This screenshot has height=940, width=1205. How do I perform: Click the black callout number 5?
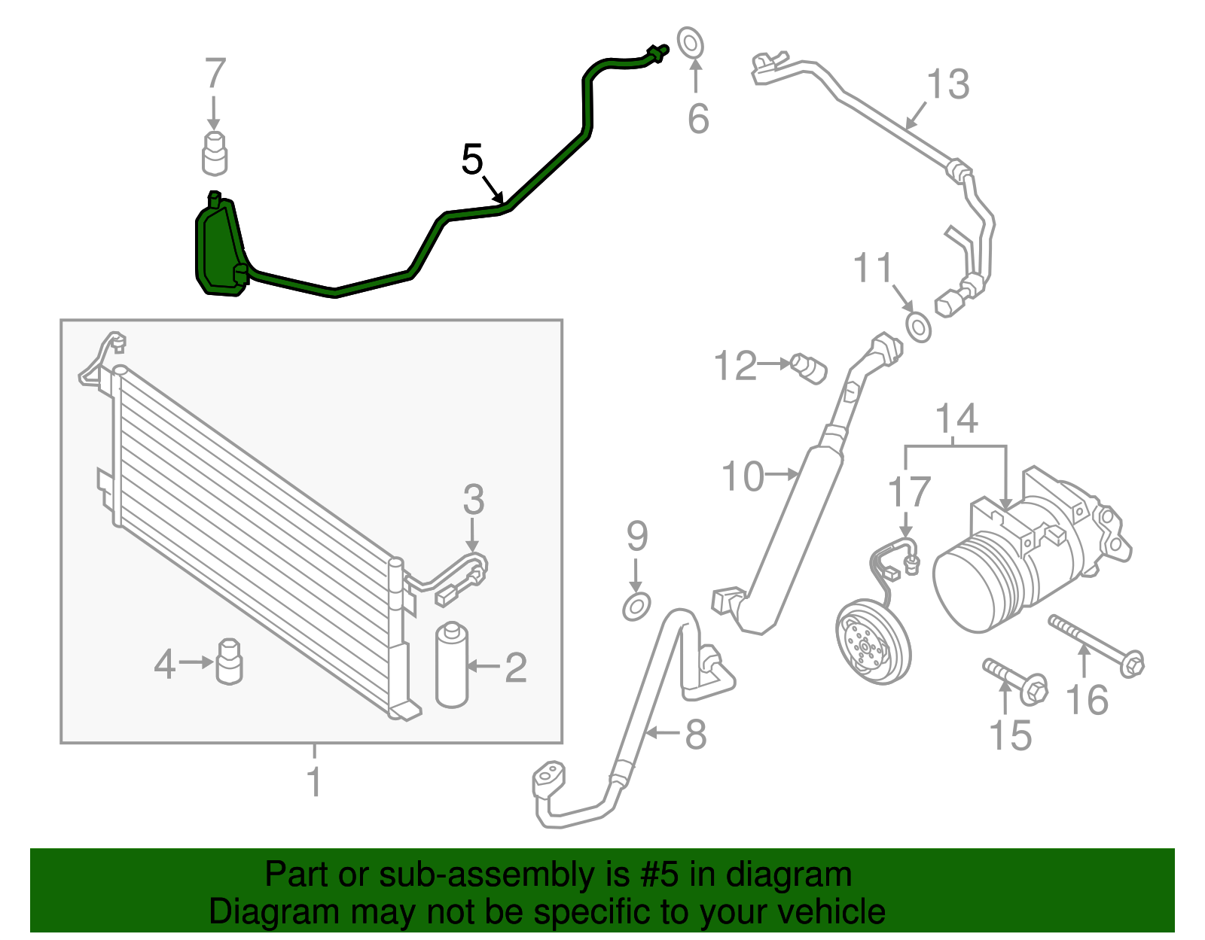(472, 160)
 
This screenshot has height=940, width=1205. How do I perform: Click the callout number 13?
(947, 84)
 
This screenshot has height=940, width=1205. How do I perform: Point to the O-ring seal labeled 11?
(919, 328)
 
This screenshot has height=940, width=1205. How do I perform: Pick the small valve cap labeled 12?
(810, 369)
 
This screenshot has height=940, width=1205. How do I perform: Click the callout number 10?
(743, 476)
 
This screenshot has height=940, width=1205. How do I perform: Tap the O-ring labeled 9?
(636, 606)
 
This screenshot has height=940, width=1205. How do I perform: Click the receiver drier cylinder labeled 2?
(452, 665)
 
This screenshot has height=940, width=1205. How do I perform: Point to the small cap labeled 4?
(229, 662)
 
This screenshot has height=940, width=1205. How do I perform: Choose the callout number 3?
(473, 499)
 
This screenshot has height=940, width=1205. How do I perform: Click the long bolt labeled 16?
(1096, 644)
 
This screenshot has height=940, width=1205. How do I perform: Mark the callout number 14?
(956, 418)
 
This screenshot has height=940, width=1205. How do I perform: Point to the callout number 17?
(909, 492)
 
